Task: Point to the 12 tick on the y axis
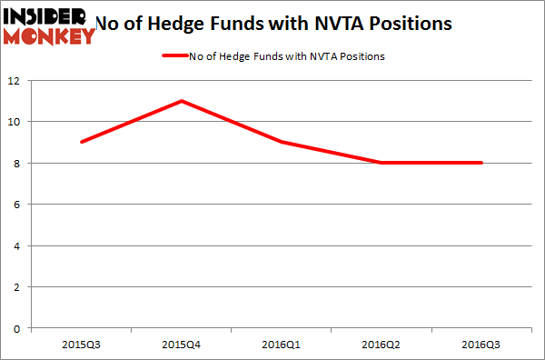[18, 80]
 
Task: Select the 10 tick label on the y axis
[18, 122]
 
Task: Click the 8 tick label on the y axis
[21, 163]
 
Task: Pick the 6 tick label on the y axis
[21, 205]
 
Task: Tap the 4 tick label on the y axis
[21, 245]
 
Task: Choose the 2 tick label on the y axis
[21, 286]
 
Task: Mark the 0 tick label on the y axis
[21, 328]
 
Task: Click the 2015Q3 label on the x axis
[83, 345]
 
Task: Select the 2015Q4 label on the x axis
[183, 345]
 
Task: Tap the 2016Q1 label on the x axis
[282, 345]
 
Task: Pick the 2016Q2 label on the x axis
[381, 345]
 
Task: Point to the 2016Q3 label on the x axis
[481, 345]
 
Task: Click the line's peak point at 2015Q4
[183, 101]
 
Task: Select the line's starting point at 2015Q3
[83, 142]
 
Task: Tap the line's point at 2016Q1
[282, 142]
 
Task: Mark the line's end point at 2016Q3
[481, 163]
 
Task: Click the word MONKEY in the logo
[49, 36]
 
